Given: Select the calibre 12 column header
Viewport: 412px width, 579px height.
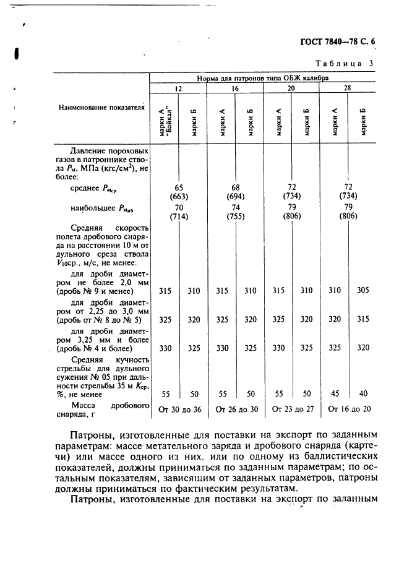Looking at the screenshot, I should click(x=178, y=88).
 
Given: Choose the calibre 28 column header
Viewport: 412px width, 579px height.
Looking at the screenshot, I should click(x=348, y=88).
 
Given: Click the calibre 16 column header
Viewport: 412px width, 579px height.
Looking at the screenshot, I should click(x=235, y=88).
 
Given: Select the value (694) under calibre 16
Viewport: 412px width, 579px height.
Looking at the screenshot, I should click(x=236, y=197).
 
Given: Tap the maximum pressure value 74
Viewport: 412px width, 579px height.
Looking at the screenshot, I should click(x=236, y=208).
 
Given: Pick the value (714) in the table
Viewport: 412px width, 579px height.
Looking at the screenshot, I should click(x=179, y=218).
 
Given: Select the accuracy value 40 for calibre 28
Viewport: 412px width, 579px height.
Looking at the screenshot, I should click(x=363, y=393).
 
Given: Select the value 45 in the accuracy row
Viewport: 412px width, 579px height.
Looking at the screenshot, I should click(x=333, y=393).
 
